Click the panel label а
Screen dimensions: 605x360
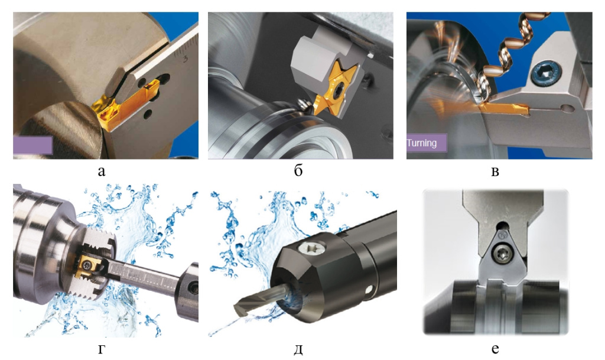pyautogui.click(x=102, y=171)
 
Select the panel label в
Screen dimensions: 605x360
pyautogui.click(x=495, y=171)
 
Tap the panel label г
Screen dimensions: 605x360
pyautogui.click(x=102, y=349)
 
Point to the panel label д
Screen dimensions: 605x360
pyautogui.click(x=298, y=349)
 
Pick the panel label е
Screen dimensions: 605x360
pyautogui.click(x=495, y=349)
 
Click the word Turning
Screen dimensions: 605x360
pyautogui.click(x=422, y=143)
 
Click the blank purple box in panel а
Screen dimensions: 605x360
pyautogui.click(x=32, y=145)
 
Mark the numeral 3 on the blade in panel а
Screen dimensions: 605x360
pyautogui.click(x=185, y=59)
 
